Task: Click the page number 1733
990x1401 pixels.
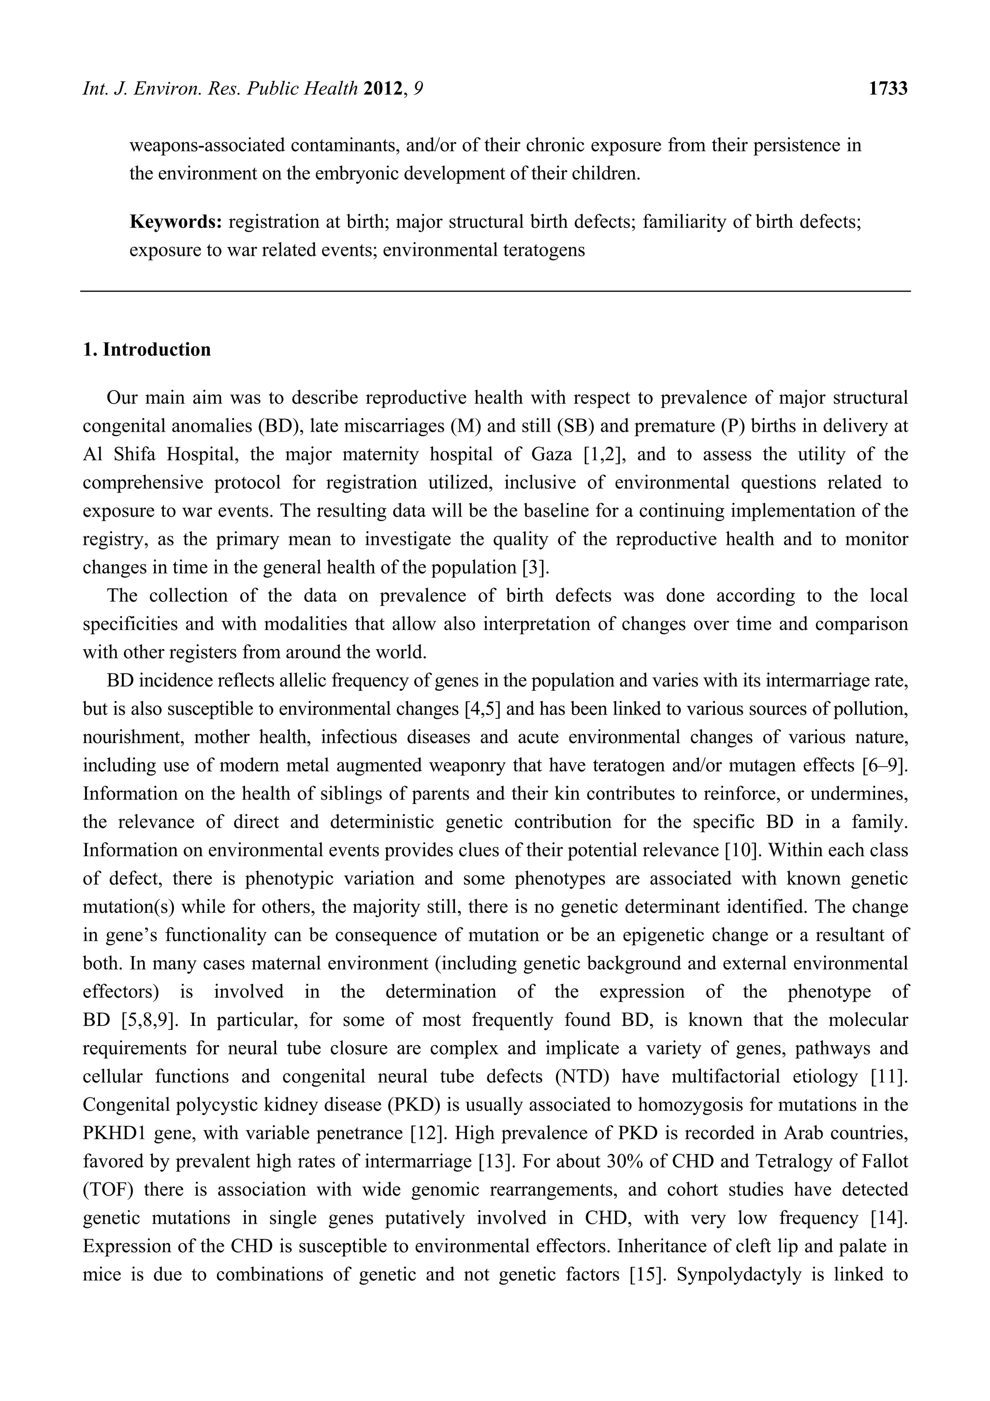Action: [888, 89]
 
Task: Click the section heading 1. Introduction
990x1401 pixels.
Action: [146, 350]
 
